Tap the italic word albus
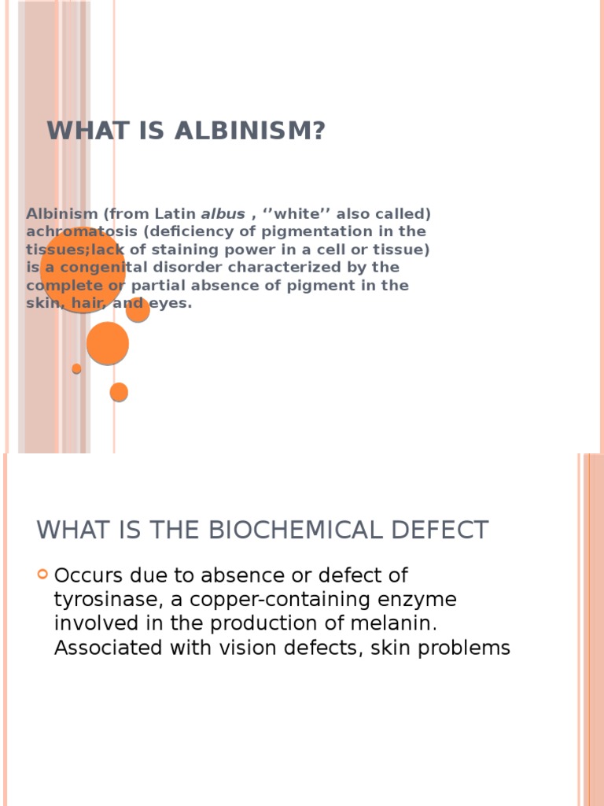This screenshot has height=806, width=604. click(x=223, y=214)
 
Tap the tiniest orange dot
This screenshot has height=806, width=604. click(x=76, y=368)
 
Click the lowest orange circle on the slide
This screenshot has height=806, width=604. click(x=119, y=392)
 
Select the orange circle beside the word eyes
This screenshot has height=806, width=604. click(x=138, y=310)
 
